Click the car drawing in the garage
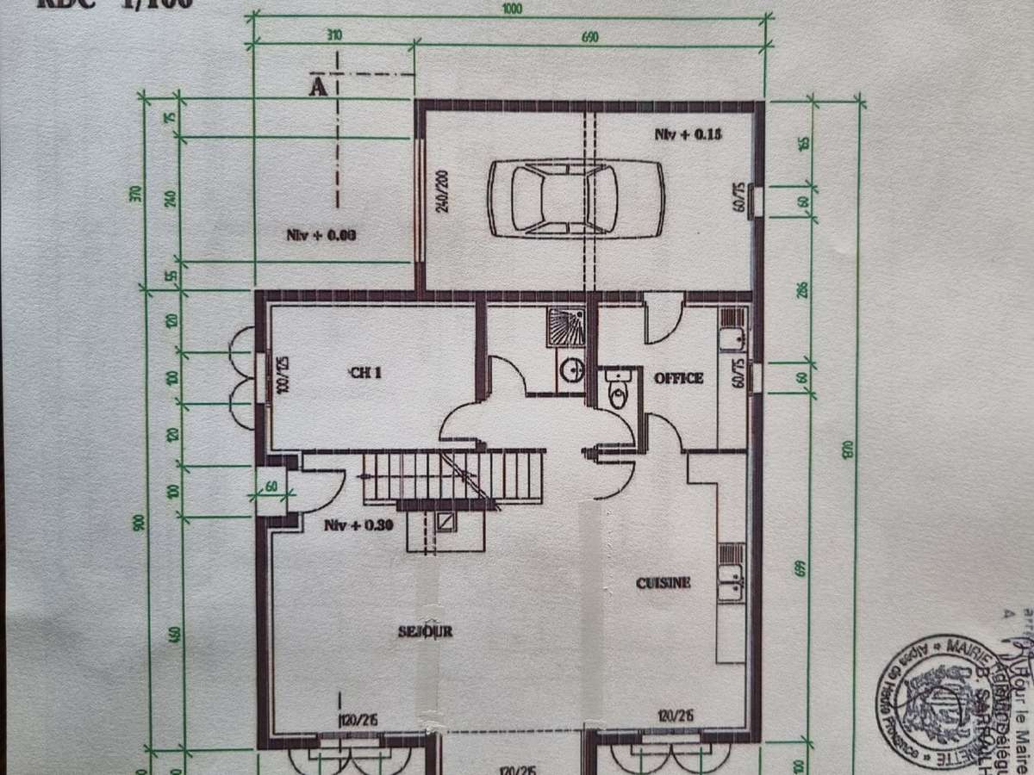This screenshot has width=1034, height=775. [576, 198]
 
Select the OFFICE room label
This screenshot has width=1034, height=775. [679, 378]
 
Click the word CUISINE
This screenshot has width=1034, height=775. [663, 583]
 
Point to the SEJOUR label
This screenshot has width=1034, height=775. [426, 631]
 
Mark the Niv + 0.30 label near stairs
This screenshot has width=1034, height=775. [358, 526]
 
